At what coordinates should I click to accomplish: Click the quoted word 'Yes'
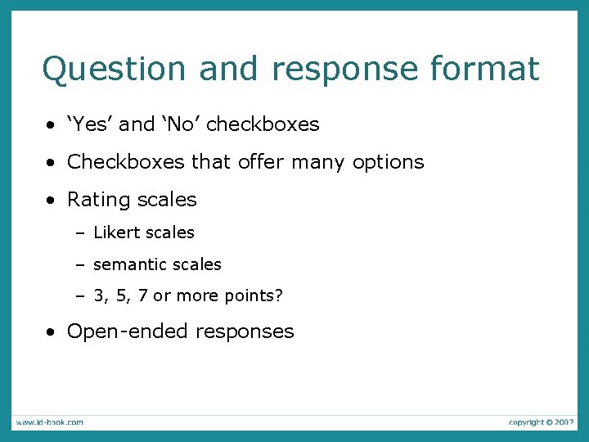point(91,124)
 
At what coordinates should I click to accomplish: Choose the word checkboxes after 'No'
point(263,124)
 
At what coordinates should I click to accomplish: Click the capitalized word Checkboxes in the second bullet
point(126,162)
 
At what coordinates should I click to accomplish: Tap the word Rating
point(97,200)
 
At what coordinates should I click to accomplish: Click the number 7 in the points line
point(142,296)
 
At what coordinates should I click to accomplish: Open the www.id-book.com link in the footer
point(48,422)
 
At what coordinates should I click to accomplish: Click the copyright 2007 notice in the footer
point(541,422)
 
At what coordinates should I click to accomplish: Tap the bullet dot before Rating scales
point(52,201)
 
